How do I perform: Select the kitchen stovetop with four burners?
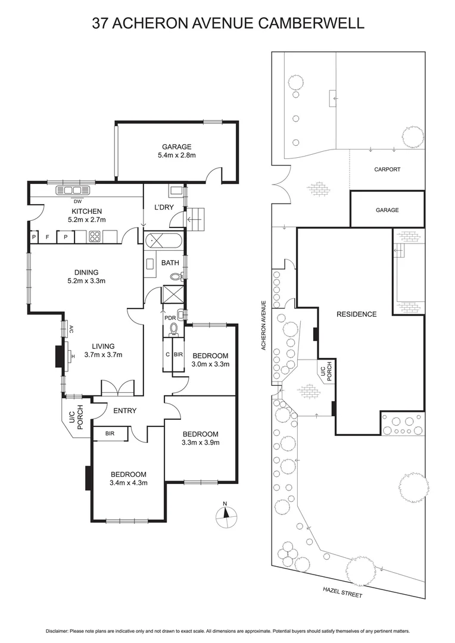click(x=95, y=236)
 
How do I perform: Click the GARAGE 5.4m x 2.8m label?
click(x=177, y=151)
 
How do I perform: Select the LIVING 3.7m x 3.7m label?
click(x=103, y=350)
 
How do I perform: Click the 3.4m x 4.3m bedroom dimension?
click(x=128, y=482)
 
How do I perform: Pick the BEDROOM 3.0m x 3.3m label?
click(x=210, y=360)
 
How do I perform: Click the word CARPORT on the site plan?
click(x=387, y=170)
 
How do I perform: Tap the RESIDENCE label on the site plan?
click(x=356, y=314)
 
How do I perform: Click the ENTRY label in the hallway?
click(x=124, y=411)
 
